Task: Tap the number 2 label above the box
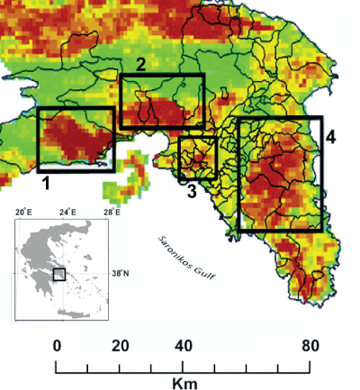(x=140, y=64)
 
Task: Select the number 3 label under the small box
(x=191, y=190)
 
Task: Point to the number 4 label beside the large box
(x=331, y=137)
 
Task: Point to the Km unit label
(x=184, y=384)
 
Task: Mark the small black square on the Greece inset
(x=59, y=274)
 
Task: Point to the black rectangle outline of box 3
(x=180, y=159)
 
